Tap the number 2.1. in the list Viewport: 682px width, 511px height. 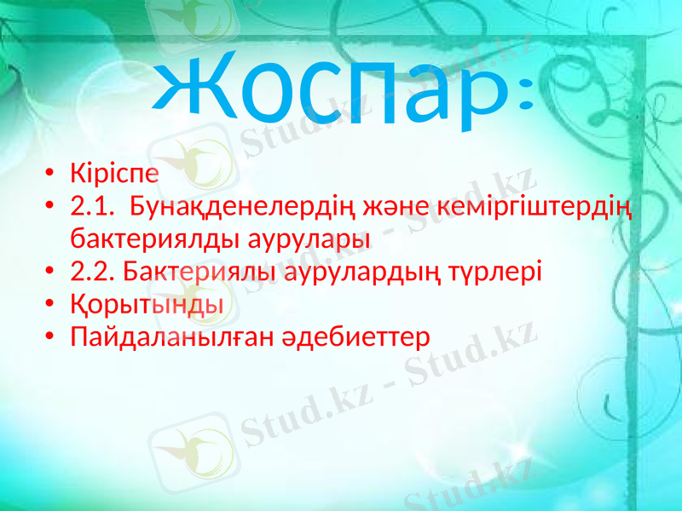tap(92, 206)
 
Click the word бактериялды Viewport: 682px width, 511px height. tap(153, 238)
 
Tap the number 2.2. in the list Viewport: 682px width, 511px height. tap(92, 272)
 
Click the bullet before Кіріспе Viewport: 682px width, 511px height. tap(52, 175)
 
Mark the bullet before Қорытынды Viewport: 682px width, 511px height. tap(52, 305)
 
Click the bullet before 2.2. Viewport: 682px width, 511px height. tap(52, 273)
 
